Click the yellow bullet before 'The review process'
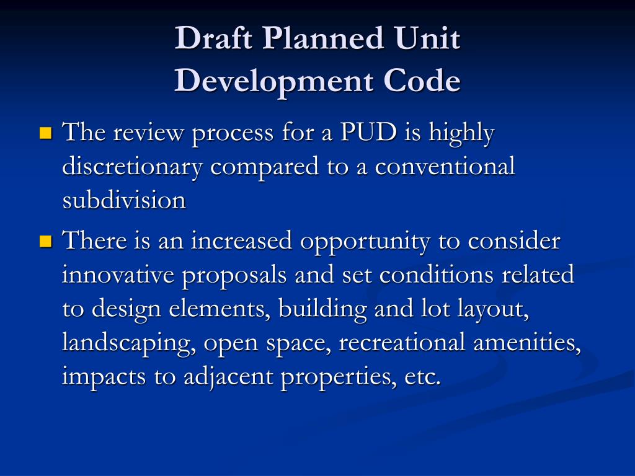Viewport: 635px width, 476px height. [x=45, y=132]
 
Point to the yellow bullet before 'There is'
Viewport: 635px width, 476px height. [x=45, y=240]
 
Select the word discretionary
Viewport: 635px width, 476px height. [x=135, y=167]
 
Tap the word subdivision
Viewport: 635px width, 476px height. [x=124, y=200]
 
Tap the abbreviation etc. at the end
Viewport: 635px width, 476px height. [x=422, y=377]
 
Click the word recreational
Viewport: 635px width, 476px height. [x=401, y=343]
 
